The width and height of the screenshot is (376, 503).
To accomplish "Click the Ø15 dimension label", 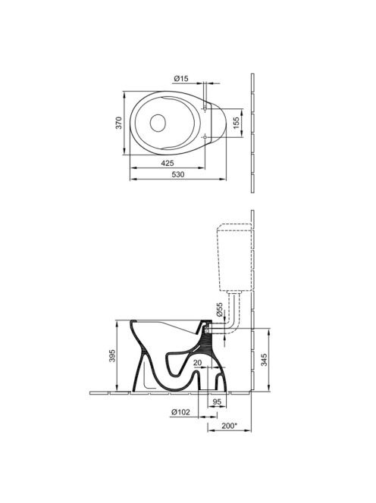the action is pyautogui.click(x=181, y=78).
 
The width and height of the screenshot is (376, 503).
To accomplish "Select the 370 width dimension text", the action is pyautogui.click(x=119, y=123).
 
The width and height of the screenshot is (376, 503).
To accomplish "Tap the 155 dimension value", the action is pyautogui.click(x=237, y=123).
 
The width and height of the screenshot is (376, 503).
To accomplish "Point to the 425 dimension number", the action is pyautogui.click(x=168, y=163).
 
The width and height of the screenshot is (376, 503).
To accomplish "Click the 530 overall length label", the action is pyautogui.click(x=178, y=174).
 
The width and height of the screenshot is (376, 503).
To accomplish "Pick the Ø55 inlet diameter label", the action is pyautogui.click(x=219, y=310).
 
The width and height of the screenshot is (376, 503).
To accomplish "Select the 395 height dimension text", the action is pyautogui.click(x=112, y=356).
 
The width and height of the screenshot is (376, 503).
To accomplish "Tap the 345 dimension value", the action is pyautogui.click(x=264, y=360).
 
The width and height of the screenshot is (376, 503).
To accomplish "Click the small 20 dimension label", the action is pyautogui.click(x=198, y=363).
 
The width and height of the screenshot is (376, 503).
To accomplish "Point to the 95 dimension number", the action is pyautogui.click(x=217, y=401).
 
